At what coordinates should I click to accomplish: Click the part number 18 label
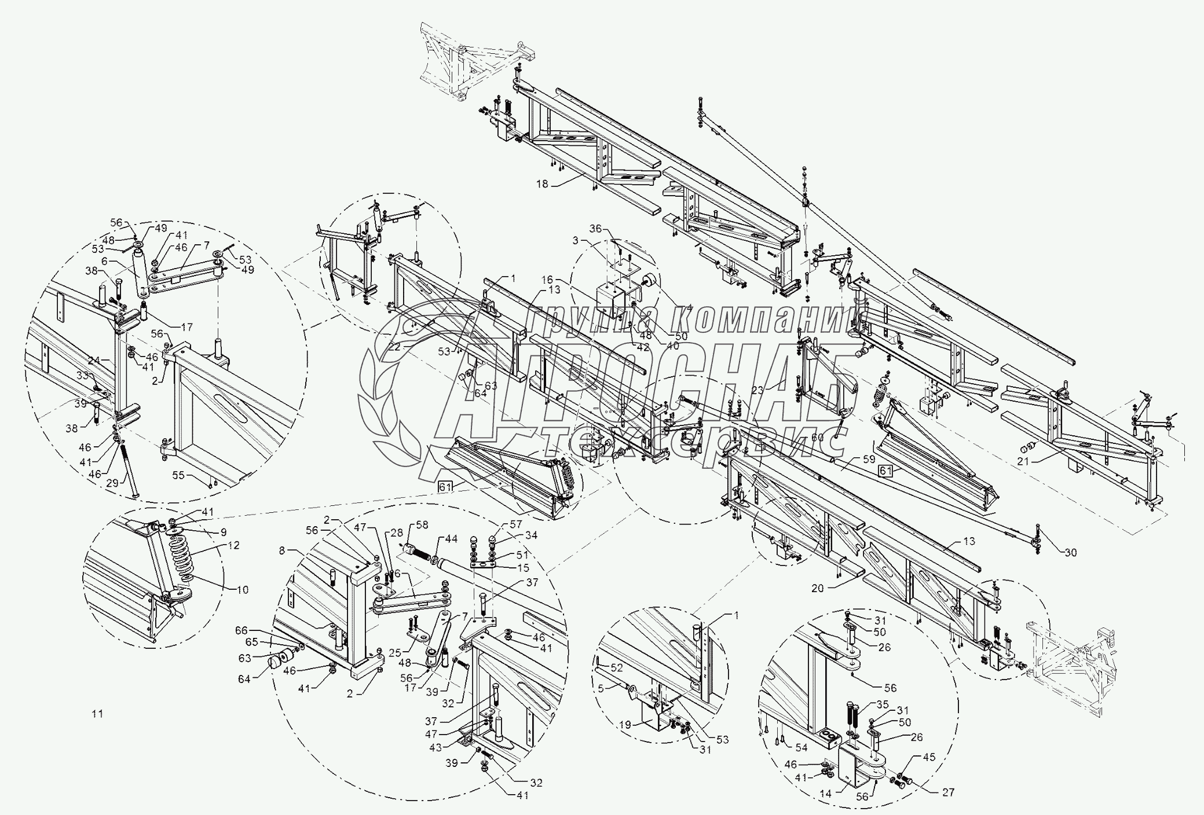tap(541, 184)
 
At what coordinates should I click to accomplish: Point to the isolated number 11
tap(97, 714)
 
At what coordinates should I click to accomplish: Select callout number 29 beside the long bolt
tap(114, 482)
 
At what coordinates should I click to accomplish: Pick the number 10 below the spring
tap(242, 590)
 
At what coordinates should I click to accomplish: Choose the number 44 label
tap(451, 539)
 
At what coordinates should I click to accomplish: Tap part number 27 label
tap(948, 792)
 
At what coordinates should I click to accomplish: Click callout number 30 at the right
tap(1071, 552)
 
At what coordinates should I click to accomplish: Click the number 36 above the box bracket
tap(596, 228)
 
